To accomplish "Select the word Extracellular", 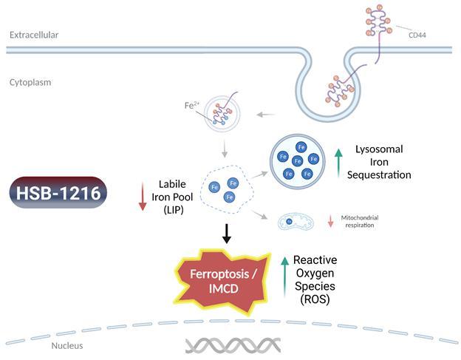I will (34, 35).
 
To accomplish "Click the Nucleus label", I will (66, 345).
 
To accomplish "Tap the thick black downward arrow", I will (228, 234).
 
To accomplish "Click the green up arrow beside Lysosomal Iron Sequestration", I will (339, 163).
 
